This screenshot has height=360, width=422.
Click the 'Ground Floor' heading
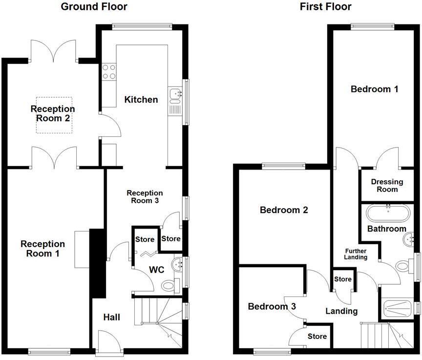tap(94, 7)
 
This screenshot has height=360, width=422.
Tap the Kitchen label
tap(141, 100)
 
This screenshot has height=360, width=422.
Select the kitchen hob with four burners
tap(109, 72)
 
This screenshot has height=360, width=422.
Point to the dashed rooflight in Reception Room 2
tap(54, 115)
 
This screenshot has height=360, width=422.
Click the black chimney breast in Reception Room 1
tap(98, 263)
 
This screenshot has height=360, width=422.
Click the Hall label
tap(111, 318)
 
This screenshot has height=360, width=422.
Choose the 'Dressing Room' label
tap(387, 186)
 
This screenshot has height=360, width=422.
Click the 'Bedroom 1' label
tap(375, 89)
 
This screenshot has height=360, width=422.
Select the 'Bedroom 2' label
tap(284, 210)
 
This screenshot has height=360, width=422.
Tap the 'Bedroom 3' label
tap(272, 307)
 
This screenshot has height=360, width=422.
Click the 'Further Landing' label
tap(355, 254)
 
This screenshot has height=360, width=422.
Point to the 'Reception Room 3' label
tap(145, 196)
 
